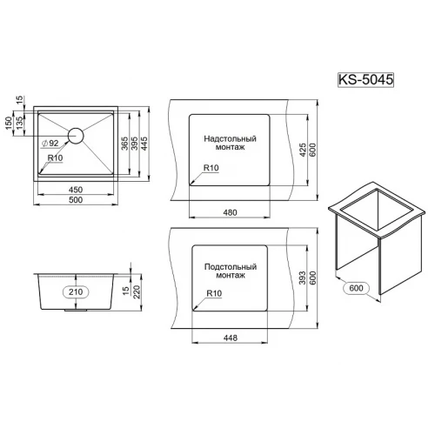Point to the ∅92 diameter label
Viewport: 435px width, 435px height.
pyautogui.click(x=50, y=143)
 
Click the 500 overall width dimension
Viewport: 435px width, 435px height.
pyautogui.click(x=75, y=205)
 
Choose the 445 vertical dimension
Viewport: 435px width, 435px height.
pyautogui.click(x=146, y=144)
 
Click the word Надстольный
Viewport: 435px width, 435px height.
pyautogui.click(x=231, y=138)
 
